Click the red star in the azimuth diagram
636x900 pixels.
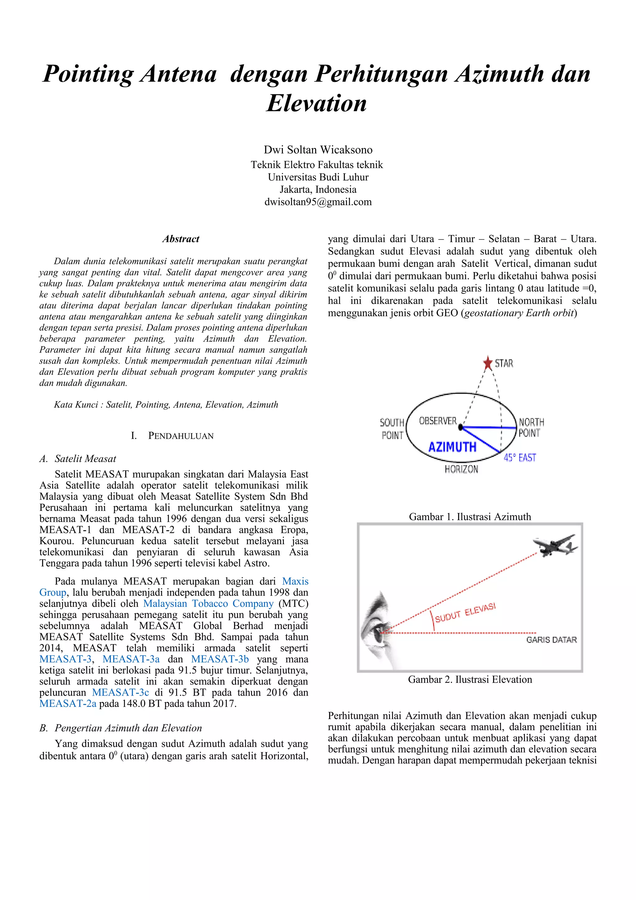[x=488, y=363]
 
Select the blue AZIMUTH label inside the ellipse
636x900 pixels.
[x=452, y=447]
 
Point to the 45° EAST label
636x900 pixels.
[x=520, y=458]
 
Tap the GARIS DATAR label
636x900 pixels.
[x=551, y=640]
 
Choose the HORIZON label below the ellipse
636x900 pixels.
[x=461, y=469]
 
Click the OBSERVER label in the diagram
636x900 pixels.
[x=438, y=421]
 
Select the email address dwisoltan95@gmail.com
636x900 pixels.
[x=318, y=202]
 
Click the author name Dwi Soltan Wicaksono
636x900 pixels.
[x=318, y=150]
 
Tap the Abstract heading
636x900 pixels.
[x=181, y=239]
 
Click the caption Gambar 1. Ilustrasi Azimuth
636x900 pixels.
[x=470, y=517]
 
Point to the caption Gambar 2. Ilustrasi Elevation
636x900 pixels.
[x=470, y=679]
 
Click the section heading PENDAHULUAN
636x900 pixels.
[x=181, y=436]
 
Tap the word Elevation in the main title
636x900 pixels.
[x=317, y=103]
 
